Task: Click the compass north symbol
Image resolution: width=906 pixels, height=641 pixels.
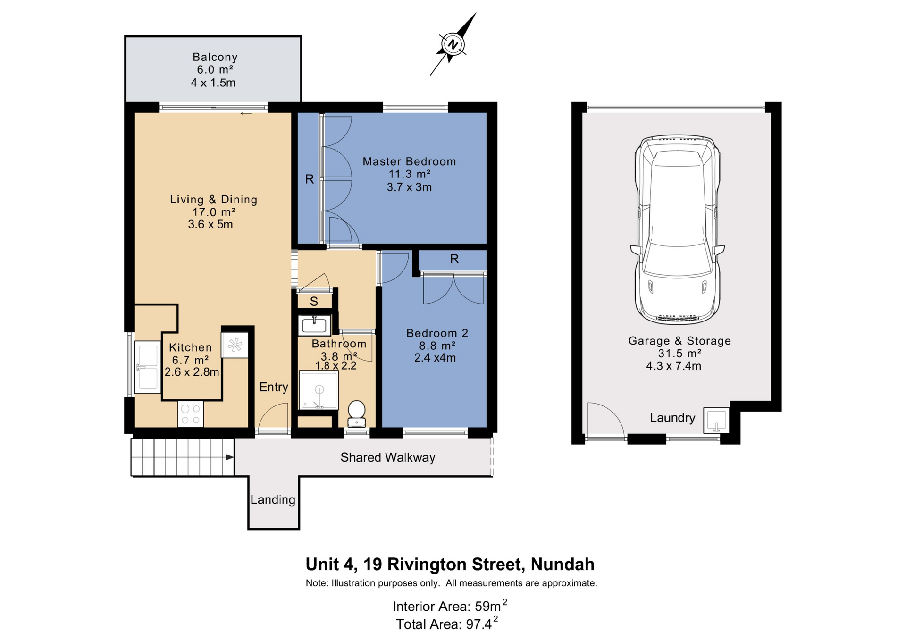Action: (453, 44)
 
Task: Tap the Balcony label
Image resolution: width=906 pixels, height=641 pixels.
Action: (215, 57)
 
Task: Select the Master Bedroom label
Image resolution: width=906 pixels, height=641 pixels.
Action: (409, 161)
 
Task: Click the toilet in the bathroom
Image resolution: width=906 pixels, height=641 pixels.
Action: (356, 414)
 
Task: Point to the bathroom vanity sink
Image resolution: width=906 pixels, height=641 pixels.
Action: (314, 325)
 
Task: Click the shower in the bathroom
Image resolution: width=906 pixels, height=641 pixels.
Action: (319, 390)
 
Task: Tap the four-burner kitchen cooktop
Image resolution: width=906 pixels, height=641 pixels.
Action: (191, 414)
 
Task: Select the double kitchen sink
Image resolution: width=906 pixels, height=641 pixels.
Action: (148, 367)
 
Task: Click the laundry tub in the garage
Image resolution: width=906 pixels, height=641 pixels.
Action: (716, 420)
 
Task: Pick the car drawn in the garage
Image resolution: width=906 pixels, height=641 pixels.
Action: (677, 230)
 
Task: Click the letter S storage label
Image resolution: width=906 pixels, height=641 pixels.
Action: (314, 301)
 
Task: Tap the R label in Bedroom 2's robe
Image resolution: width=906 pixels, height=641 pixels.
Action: (454, 259)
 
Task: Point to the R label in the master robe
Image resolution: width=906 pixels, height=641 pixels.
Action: (309, 179)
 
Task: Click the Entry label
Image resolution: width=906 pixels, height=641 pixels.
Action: (274, 387)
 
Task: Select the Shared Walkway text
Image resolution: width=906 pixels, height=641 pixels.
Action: (388, 457)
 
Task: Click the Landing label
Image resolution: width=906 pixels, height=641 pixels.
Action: (273, 499)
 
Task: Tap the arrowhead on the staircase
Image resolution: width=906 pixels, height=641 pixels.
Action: (230, 457)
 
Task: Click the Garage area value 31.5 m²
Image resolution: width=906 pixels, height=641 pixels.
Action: (679, 354)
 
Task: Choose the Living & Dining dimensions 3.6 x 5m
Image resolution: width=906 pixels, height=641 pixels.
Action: (210, 224)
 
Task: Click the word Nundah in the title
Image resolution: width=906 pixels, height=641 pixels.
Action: (562, 564)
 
